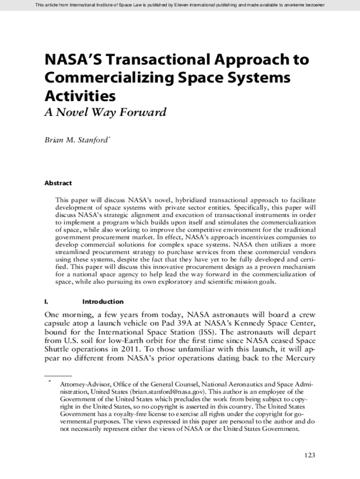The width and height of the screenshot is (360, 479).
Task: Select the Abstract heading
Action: [58, 183]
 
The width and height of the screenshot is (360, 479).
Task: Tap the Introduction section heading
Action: [103, 302]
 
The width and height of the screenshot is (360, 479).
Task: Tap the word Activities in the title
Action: [80, 96]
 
